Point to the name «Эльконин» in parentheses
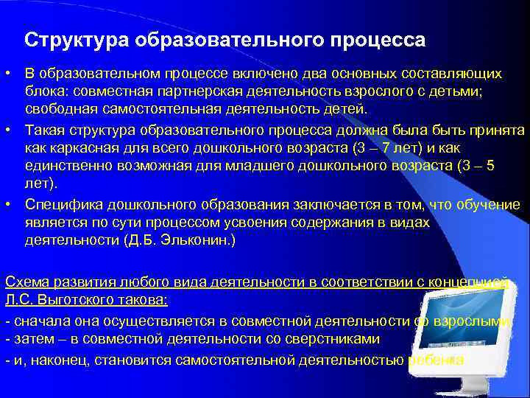[x=198, y=240]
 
